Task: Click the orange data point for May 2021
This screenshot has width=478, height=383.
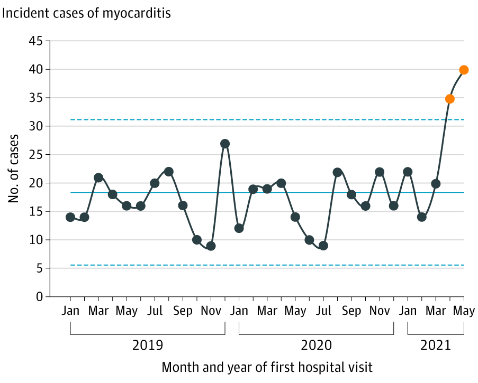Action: click(x=464, y=70)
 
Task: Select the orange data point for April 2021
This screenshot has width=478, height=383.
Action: click(x=450, y=99)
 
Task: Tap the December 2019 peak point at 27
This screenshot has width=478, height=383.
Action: click(x=225, y=144)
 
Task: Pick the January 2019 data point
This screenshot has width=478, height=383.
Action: click(x=70, y=217)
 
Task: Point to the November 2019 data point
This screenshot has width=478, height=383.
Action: click(x=211, y=246)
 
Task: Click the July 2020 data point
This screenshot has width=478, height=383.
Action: click(x=323, y=246)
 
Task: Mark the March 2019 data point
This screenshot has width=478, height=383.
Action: click(x=98, y=178)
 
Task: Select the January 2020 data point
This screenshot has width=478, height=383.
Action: click(x=239, y=229)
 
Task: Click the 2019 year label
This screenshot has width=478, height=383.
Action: click(x=148, y=346)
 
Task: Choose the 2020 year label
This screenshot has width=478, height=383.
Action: click(x=316, y=346)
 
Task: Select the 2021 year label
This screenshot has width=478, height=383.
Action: click(x=435, y=346)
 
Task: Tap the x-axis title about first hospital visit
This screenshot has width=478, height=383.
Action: click(x=267, y=367)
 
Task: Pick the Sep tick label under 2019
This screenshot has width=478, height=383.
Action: click(x=183, y=311)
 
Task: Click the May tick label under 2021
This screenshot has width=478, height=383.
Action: click(x=464, y=311)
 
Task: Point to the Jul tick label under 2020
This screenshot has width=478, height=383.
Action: click(x=323, y=311)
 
